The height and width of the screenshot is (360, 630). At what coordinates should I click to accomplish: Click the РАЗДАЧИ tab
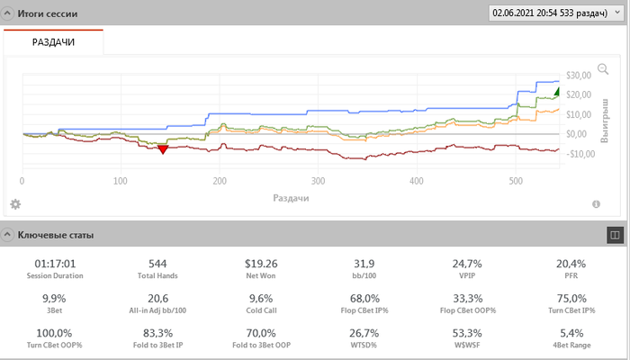point(54,42)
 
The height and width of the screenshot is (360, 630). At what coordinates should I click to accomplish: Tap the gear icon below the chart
point(15,204)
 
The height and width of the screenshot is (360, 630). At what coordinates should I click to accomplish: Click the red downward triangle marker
point(163,149)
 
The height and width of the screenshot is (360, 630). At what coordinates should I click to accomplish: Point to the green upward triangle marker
point(558,91)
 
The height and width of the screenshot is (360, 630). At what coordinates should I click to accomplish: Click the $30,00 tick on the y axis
point(578,75)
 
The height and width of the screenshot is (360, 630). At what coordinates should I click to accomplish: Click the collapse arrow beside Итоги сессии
point(8,14)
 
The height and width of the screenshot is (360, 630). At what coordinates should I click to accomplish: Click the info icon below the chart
point(596,204)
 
